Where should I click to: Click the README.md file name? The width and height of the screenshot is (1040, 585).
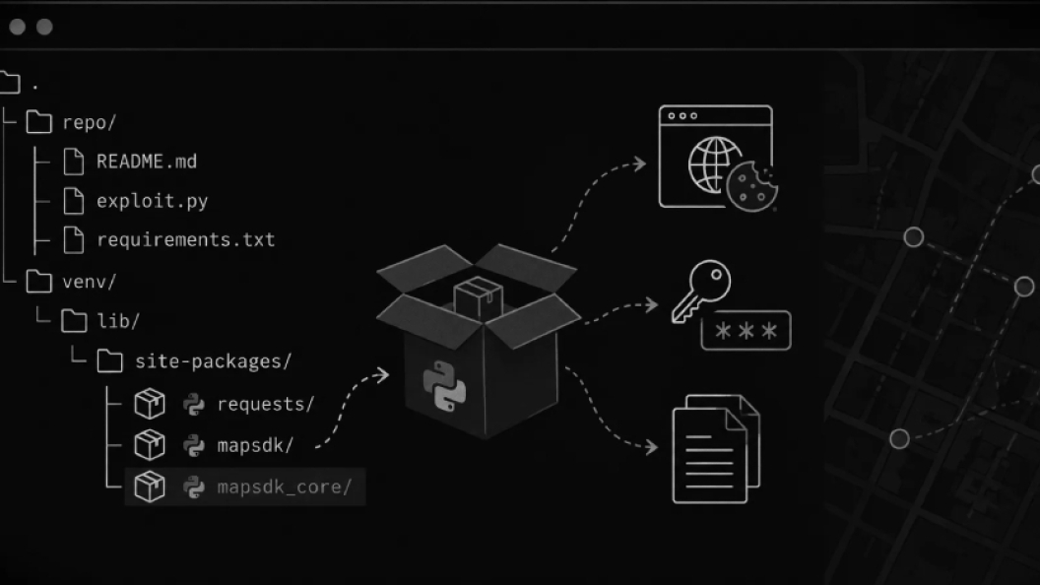click(x=147, y=162)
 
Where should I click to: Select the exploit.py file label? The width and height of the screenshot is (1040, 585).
click(x=152, y=201)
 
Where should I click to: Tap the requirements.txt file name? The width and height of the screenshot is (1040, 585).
click(x=186, y=239)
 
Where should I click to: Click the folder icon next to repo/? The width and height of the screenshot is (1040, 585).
click(x=39, y=122)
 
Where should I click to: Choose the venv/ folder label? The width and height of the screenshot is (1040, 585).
click(x=89, y=282)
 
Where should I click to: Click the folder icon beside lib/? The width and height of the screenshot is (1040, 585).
click(x=74, y=321)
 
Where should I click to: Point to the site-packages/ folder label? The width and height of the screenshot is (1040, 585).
click(x=213, y=361)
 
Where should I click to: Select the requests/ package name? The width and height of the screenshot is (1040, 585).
click(x=265, y=404)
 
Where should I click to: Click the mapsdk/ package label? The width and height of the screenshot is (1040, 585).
click(x=255, y=445)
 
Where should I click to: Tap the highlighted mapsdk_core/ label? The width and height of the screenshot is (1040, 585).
click(x=284, y=487)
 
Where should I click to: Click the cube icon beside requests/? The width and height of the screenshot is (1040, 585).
click(x=150, y=404)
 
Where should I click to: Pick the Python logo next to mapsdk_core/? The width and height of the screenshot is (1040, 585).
click(x=194, y=487)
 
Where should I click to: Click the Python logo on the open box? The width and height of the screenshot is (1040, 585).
click(x=444, y=387)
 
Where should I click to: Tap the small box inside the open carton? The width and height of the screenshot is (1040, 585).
click(x=478, y=296)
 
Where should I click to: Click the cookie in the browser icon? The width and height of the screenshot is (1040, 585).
click(x=751, y=186)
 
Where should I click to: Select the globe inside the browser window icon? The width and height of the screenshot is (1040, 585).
click(x=712, y=164)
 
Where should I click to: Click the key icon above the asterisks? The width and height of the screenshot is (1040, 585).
click(x=701, y=290)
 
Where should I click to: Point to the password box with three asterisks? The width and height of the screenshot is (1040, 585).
click(x=747, y=330)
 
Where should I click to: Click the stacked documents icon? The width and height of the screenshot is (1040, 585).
click(x=716, y=449)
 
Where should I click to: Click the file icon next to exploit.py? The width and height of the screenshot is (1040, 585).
click(x=74, y=201)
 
